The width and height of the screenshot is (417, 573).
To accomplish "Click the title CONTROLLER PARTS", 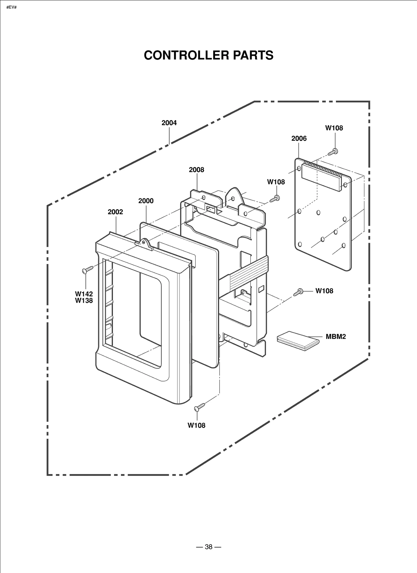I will click(x=208, y=55).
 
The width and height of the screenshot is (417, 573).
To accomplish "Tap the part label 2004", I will click(x=169, y=123).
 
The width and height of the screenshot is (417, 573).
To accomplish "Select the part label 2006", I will click(x=299, y=138).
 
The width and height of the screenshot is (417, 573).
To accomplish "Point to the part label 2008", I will click(x=197, y=170).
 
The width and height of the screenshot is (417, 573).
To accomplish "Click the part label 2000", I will click(x=146, y=201).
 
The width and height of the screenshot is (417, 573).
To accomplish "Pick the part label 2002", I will click(x=115, y=212).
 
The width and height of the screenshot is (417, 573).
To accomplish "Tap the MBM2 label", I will click(x=336, y=337).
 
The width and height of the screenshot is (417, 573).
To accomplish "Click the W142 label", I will click(x=84, y=294).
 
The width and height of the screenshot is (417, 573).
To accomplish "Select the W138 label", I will click(x=84, y=301).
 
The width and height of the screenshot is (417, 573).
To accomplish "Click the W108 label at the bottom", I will click(x=197, y=425).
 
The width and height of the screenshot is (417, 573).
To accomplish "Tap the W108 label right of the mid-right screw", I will click(x=324, y=291).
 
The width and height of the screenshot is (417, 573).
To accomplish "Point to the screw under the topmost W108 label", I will click(x=333, y=152).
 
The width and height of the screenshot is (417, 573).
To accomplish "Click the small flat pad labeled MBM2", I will click(x=298, y=340).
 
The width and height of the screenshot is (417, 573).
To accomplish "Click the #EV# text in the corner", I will click(x=11, y=7).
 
